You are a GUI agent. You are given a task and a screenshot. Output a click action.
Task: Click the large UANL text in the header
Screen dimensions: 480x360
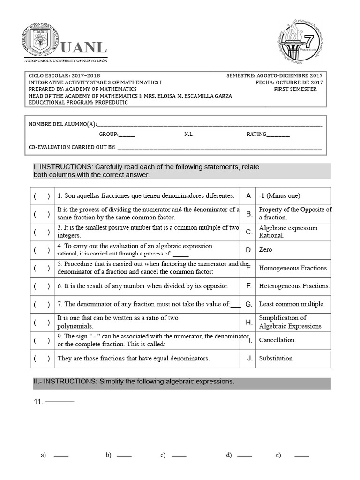pyautogui.click(x=83, y=47)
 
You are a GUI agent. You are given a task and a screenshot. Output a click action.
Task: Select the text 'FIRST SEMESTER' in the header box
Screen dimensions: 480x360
pyautogui.click(x=295, y=89)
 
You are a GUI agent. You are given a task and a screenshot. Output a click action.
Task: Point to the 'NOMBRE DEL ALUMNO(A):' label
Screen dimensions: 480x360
pyautogui.click(x=62, y=124)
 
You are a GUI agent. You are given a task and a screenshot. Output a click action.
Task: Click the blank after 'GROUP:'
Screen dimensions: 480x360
pyautogui.click(x=127, y=135)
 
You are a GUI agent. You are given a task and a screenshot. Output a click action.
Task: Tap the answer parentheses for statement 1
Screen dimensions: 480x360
pyautogui.click(x=41, y=196)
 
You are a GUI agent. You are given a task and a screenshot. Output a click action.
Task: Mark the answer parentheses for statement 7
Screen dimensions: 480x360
pyautogui.click(x=41, y=304)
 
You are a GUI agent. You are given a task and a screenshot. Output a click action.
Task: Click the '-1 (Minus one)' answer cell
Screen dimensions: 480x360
pyautogui.click(x=279, y=196)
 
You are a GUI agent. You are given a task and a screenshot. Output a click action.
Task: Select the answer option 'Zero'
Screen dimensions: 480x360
pyautogui.click(x=265, y=250)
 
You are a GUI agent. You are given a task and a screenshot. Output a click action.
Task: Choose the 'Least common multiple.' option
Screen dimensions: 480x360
pyautogui.click(x=292, y=304)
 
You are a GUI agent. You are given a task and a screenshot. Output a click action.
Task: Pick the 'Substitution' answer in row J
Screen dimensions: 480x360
pyautogui.click(x=276, y=359)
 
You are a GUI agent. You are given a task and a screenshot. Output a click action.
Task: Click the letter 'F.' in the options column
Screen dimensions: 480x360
pyautogui.click(x=249, y=286)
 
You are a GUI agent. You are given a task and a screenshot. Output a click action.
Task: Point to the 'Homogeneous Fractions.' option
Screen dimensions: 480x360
pyautogui.click(x=293, y=268)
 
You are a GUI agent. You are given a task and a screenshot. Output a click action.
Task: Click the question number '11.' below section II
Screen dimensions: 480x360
pyautogui.click(x=38, y=402)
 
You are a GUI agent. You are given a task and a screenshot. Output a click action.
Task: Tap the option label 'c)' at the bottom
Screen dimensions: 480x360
pyautogui.click(x=163, y=455)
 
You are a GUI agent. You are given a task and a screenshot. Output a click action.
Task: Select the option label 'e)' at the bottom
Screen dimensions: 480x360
pyautogui.click(x=278, y=455)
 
